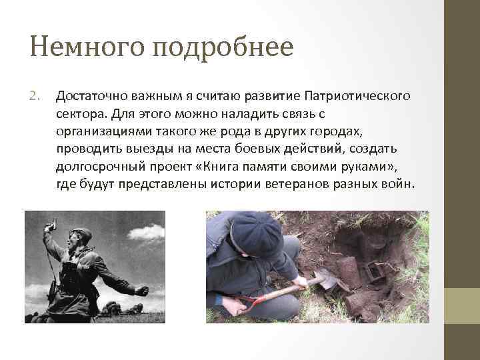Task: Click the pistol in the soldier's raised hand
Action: [x=47, y=227]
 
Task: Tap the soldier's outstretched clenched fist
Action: [x=141, y=291]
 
